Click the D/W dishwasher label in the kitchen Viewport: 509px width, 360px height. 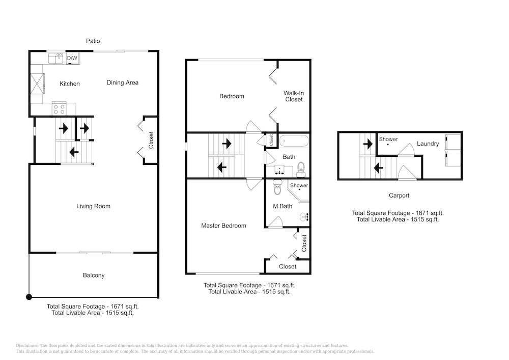click(72, 58)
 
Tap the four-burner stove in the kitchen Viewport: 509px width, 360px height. click(59, 109)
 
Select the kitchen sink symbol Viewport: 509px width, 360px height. click(55, 59)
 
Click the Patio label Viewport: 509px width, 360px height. click(93, 41)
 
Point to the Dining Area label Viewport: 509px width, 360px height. click(122, 82)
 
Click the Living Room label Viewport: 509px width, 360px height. click(93, 206)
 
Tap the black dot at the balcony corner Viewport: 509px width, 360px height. click(29, 297)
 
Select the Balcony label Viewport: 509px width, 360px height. click(94, 275)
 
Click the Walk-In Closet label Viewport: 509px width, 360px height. click(294, 96)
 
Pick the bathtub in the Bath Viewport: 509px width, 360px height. click(294, 141)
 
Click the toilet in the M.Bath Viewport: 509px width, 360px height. click(277, 187)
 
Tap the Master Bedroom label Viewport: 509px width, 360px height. click(223, 226)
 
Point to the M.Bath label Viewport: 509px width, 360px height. click(282, 206)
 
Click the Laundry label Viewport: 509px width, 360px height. click(428, 144)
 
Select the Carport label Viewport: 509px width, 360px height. click(399, 196)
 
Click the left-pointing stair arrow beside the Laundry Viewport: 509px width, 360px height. click(378, 168)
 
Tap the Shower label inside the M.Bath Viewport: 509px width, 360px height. click(299, 185)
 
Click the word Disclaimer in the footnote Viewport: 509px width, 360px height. click(27, 346)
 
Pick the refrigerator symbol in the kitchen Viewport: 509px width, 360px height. click(37, 84)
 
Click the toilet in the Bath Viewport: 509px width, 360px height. click(301, 170)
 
